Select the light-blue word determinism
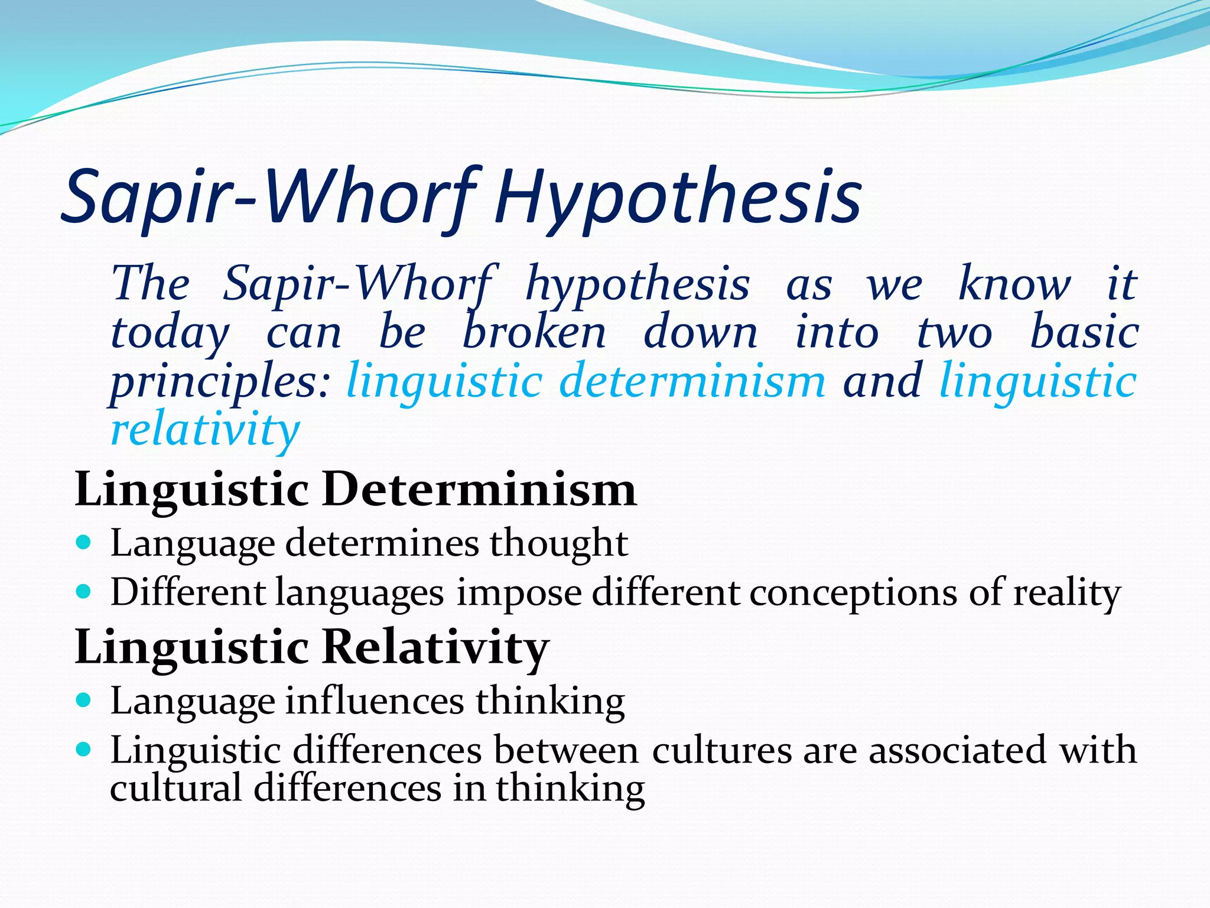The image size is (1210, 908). (x=692, y=381)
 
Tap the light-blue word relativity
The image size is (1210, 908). (x=206, y=430)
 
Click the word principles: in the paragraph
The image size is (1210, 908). (x=220, y=381)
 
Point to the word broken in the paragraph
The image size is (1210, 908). (x=534, y=332)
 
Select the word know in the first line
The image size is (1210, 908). (x=1014, y=284)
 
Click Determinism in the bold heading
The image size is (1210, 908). (x=479, y=489)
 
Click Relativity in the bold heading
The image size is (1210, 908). (x=436, y=647)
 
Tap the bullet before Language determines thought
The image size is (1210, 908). (x=84, y=542)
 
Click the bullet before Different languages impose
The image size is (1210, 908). (x=84, y=591)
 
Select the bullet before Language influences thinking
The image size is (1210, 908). (x=84, y=701)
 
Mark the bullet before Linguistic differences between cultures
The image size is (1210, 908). (x=84, y=750)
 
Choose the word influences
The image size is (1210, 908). (x=375, y=701)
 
